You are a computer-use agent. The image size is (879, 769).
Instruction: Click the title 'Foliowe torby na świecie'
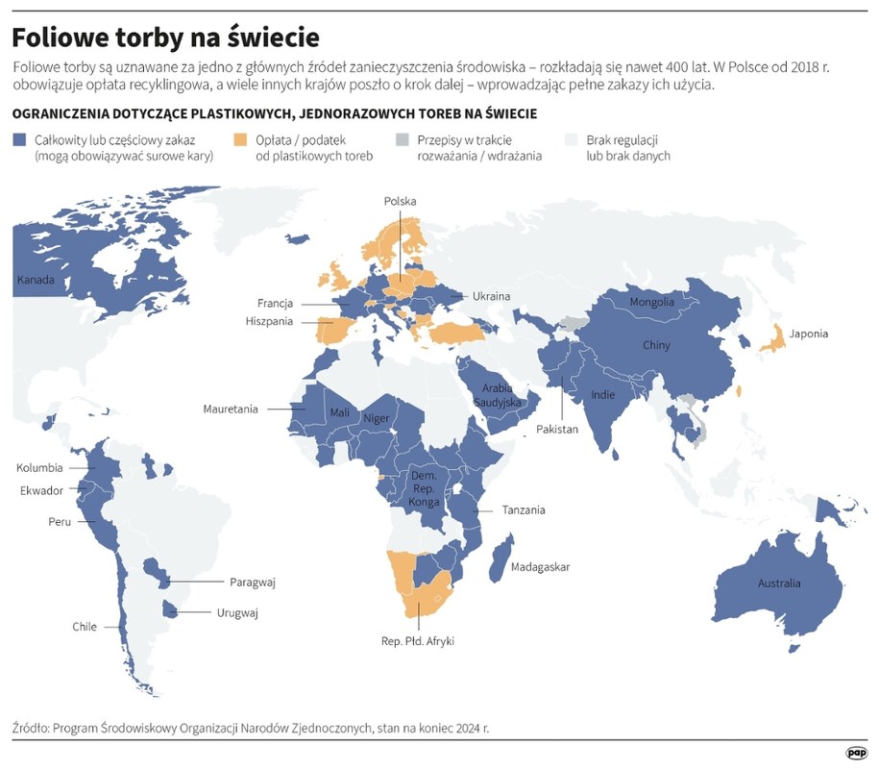click(x=165, y=37)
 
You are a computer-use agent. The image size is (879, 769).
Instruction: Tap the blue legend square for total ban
click(x=19, y=140)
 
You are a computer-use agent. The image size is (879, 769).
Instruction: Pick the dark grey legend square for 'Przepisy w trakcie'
click(x=403, y=140)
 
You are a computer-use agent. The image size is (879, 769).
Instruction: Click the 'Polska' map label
click(x=400, y=202)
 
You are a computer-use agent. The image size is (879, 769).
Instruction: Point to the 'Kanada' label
click(x=36, y=281)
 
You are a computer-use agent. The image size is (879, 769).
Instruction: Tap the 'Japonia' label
click(x=808, y=335)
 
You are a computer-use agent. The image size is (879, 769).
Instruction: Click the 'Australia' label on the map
click(x=779, y=583)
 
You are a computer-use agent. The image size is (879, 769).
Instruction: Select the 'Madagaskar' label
click(x=540, y=567)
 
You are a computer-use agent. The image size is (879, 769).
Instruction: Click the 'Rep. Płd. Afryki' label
click(x=418, y=641)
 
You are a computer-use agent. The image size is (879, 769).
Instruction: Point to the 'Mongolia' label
click(x=651, y=303)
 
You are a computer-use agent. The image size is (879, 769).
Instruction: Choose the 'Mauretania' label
click(x=231, y=409)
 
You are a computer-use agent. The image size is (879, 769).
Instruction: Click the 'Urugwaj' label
click(x=237, y=612)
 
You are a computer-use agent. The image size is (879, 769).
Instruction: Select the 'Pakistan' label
click(x=557, y=430)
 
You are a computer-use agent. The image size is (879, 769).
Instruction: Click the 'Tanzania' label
click(x=525, y=510)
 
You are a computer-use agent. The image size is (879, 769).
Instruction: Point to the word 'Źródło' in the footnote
click(x=34, y=728)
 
